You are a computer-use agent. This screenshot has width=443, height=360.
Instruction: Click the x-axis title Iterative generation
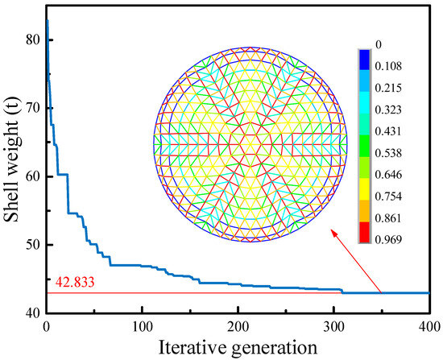(x=238, y=347)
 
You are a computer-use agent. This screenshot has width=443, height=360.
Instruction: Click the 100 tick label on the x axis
(x=142, y=328)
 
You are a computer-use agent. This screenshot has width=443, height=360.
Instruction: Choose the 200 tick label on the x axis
(x=238, y=328)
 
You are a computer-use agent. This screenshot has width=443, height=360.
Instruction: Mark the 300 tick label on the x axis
(x=333, y=328)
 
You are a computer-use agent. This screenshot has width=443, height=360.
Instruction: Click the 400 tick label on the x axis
(x=429, y=328)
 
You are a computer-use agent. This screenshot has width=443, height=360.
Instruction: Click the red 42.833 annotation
(x=73, y=283)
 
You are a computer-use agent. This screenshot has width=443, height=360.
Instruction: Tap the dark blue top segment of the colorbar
(x=365, y=57)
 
